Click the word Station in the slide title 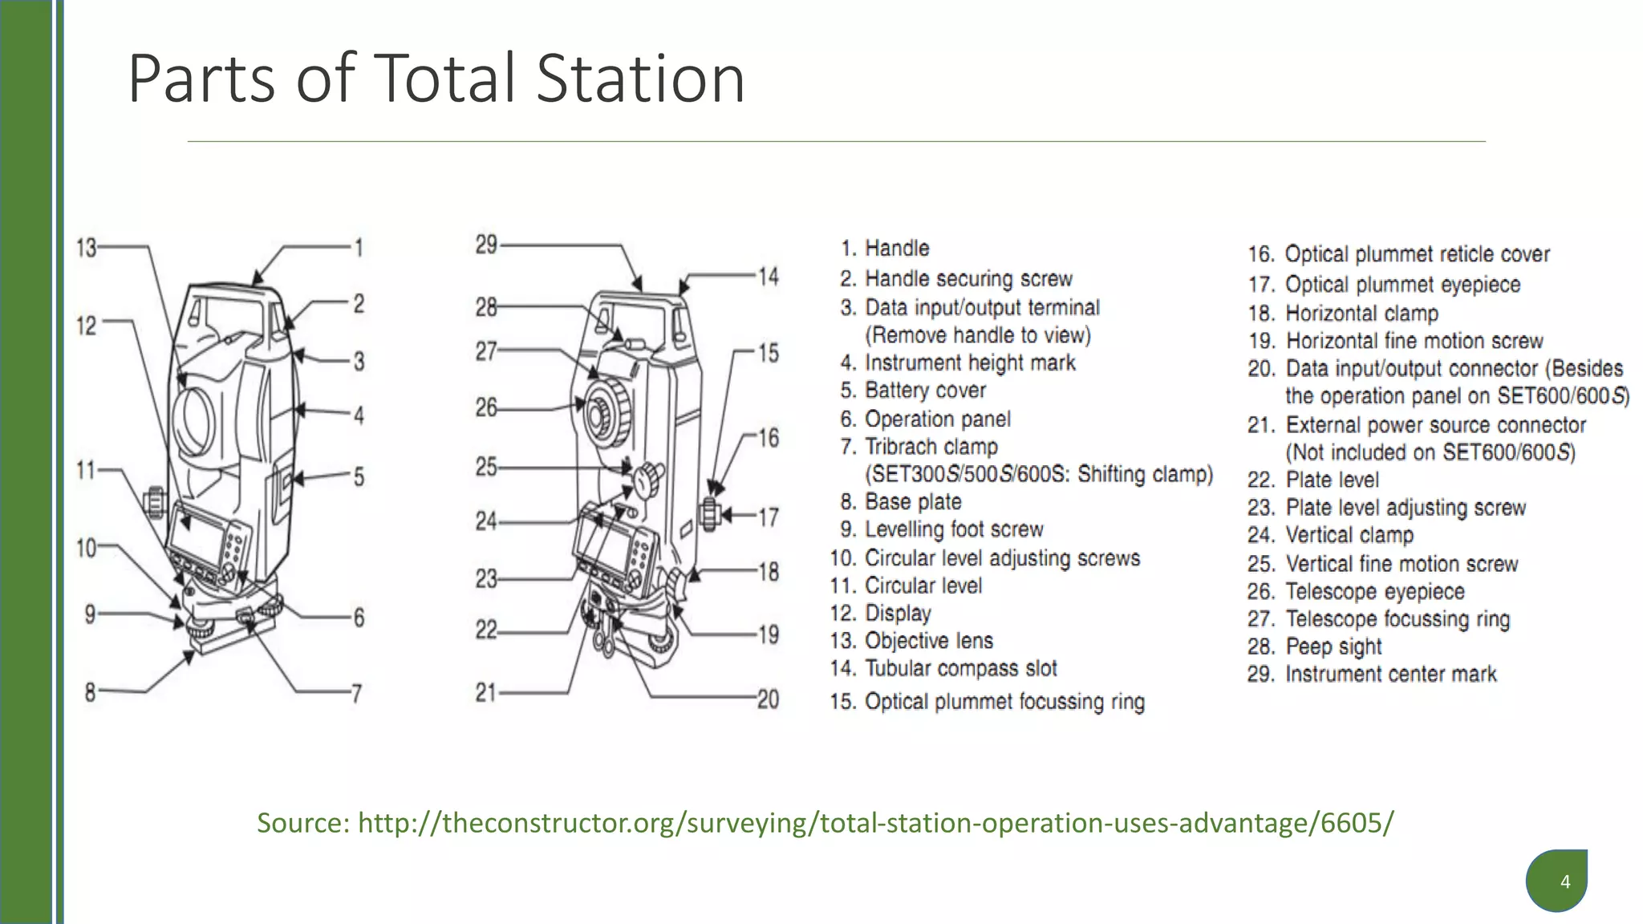[x=640, y=79]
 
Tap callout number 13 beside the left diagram [x=86, y=247]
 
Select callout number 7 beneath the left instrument [x=357, y=693]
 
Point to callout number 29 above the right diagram [x=486, y=245]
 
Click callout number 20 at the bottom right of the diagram [x=768, y=699]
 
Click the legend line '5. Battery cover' [x=913, y=391]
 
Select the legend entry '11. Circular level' [x=907, y=586]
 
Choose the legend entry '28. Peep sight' [x=1314, y=646]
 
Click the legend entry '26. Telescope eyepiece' [x=1356, y=592]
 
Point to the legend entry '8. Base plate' [x=901, y=502]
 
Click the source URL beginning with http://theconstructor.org [x=874, y=823]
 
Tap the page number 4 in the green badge [x=1564, y=882]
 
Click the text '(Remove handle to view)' [x=977, y=335]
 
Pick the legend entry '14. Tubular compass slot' [x=943, y=668]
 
